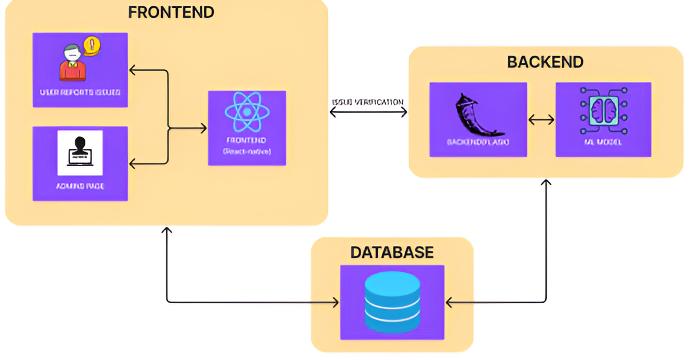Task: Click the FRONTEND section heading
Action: tap(171, 12)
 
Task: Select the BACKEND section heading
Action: tap(545, 62)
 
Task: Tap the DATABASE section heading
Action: tap(392, 252)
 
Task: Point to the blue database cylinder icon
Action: tap(392, 302)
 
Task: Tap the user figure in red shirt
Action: tap(73, 64)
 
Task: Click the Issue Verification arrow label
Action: tap(367, 102)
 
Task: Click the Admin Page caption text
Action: tap(80, 186)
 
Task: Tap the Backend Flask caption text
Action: tap(478, 142)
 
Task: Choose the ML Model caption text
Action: tap(603, 142)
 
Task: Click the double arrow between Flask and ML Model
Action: tap(541, 120)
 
